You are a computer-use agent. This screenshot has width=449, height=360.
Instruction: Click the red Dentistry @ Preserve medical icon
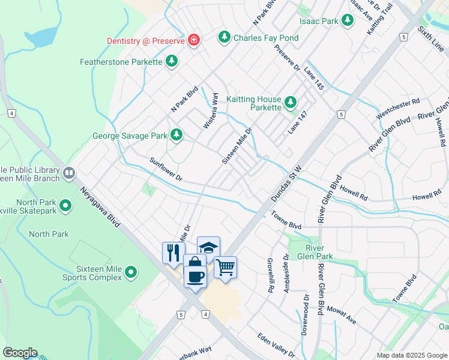click(193, 40)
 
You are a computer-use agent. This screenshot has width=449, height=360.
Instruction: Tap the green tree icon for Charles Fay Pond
click(224, 38)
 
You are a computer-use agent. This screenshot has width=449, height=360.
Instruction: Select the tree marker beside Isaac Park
click(347, 20)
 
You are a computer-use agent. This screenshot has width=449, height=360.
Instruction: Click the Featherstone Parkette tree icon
click(172, 61)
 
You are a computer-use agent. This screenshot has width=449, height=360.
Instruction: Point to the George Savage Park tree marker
click(176, 135)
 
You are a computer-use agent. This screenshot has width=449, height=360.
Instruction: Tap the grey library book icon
click(69, 173)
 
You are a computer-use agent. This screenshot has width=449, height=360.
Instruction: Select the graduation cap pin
click(208, 247)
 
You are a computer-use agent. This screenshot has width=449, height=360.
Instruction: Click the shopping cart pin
click(225, 267)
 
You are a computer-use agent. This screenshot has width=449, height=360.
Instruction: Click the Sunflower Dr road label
click(166, 170)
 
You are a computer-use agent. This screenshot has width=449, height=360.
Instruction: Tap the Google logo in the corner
click(20, 353)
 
